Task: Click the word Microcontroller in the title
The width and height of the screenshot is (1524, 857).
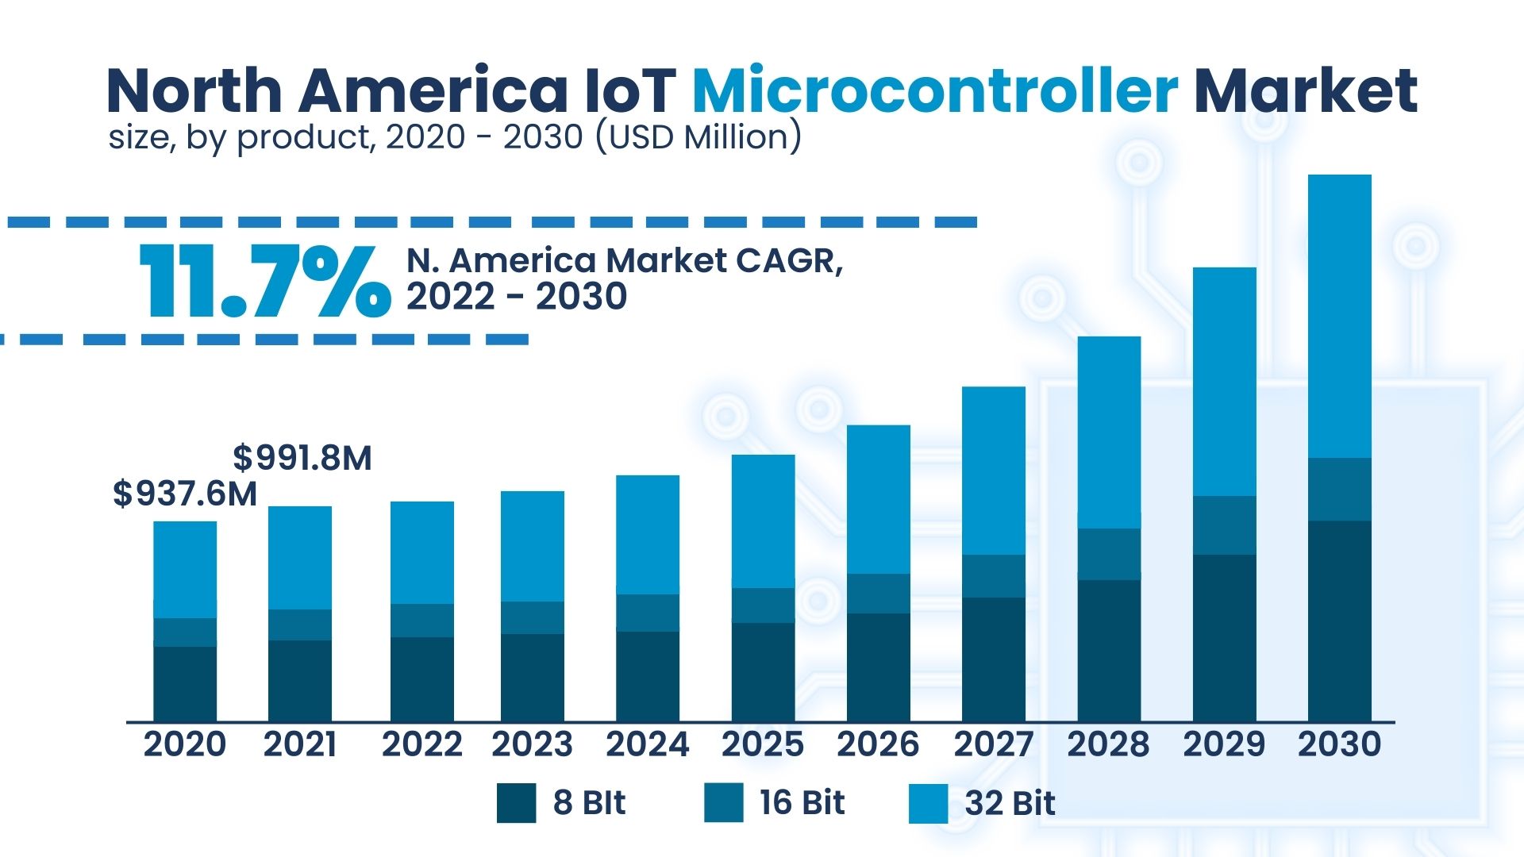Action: pos(934,90)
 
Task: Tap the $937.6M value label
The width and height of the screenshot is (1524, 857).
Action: pos(185,494)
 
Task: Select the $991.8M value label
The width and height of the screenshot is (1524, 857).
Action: pos(302,458)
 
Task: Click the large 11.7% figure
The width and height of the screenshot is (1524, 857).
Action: pos(265,281)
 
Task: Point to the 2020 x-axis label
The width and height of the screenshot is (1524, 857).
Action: pos(185,744)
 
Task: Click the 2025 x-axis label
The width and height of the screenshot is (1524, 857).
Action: pos(762,744)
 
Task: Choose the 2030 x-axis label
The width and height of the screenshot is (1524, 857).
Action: pos(1339,744)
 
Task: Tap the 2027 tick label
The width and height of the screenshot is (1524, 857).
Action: pos(993,744)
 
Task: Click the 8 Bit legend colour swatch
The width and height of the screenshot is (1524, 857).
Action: pos(516,803)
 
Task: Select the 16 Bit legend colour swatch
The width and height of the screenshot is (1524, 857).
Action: pos(723,802)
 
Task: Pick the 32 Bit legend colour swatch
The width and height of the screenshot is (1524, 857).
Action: pos(928,803)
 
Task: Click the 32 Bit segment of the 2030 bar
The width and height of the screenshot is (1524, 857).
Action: pos(1339,316)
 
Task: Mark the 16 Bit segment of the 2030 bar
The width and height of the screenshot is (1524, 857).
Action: pos(1339,489)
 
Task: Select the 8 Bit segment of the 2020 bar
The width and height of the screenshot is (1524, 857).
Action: pos(185,684)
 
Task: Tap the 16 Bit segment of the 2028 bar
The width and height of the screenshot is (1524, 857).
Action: pos(1109,554)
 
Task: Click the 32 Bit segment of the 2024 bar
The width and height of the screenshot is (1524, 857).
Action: pos(648,535)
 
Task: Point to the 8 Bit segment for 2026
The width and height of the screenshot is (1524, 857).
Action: pos(878,667)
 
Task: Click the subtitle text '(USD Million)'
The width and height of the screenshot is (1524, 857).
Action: pos(698,137)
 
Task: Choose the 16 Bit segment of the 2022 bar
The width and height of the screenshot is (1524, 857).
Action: pos(422,621)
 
